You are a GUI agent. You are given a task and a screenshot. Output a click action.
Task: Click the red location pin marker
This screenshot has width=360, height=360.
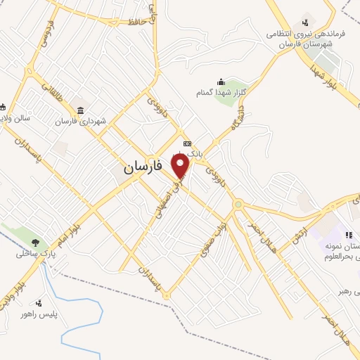181,167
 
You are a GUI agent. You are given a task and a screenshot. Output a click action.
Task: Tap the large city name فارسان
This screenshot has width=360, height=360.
143,167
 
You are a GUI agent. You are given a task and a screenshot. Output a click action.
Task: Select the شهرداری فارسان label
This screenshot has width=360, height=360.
83,121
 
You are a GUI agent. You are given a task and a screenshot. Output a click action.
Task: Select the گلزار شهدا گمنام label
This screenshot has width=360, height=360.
221,92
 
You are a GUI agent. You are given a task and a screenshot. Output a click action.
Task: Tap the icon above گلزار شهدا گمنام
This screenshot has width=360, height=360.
221,81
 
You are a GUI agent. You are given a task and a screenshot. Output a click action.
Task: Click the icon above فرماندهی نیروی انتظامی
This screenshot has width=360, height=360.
305,21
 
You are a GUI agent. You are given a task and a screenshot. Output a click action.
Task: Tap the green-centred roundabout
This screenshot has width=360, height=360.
238,205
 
